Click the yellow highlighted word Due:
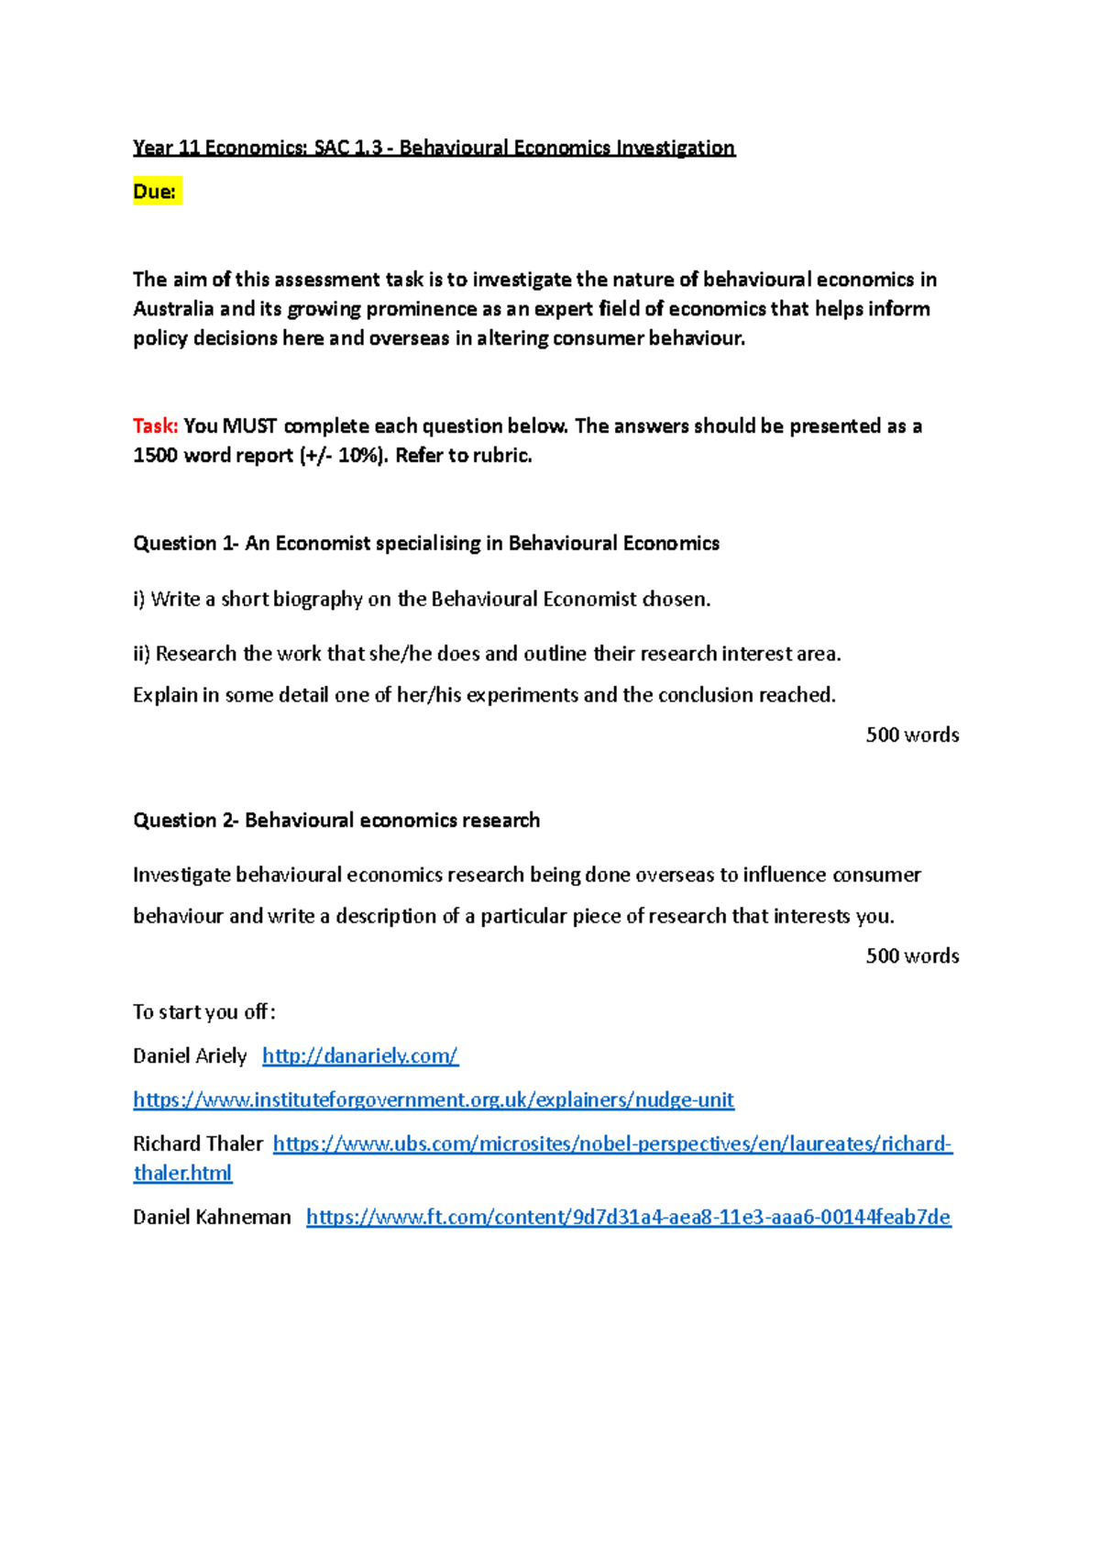tap(155, 192)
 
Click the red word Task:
tap(155, 426)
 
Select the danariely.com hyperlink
tap(360, 1056)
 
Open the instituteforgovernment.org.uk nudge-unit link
tap(434, 1100)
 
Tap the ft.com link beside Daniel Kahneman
tap(628, 1218)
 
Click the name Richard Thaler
tap(198, 1144)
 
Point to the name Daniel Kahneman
tap(212, 1218)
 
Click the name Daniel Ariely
tap(190, 1056)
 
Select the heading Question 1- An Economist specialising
tap(426, 544)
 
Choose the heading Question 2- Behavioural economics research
tap(336, 821)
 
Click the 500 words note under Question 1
tap(912, 735)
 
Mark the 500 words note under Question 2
tap(912, 956)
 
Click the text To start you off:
tap(204, 1012)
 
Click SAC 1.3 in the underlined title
tap(347, 148)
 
